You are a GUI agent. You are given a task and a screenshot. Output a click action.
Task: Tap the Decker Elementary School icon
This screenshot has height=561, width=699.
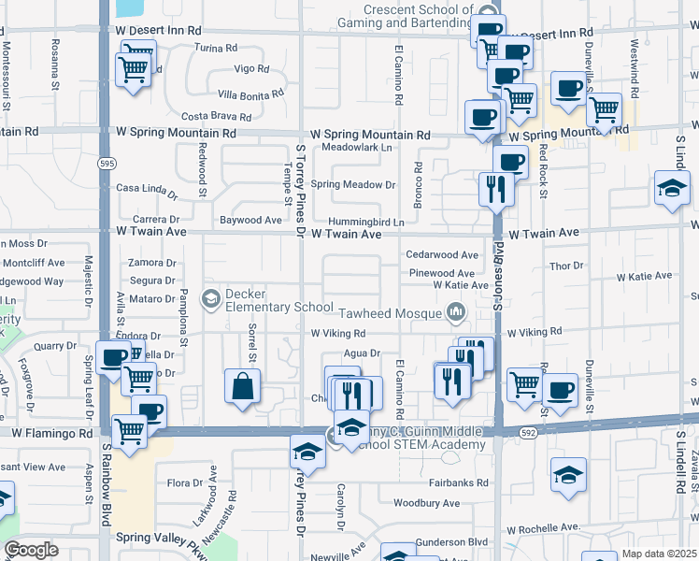tap(211, 298)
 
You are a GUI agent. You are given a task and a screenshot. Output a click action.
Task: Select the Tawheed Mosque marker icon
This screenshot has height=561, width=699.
tap(457, 311)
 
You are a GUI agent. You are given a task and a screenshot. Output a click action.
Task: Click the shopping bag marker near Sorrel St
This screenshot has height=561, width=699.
tap(243, 386)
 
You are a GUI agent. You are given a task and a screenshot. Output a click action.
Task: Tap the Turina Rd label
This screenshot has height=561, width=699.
tap(218, 48)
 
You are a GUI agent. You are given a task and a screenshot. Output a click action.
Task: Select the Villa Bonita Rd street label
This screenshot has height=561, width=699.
tap(250, 94)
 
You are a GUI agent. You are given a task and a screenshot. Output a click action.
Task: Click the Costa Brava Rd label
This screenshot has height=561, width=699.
tap(216, 117)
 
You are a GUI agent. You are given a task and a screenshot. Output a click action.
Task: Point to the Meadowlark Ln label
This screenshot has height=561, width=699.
tap(356, 148)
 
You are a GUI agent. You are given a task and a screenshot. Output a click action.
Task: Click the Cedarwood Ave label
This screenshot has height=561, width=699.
tap(442, 255)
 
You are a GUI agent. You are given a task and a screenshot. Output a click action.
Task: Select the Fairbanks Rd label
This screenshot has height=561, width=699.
tap(459, 483)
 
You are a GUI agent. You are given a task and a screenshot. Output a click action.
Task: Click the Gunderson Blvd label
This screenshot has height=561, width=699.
tap(452, 541)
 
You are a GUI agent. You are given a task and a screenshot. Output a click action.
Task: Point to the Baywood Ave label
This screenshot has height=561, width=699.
tap(250, 221)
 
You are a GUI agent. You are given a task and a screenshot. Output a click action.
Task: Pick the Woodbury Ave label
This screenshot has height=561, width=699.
tap(427, 503)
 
